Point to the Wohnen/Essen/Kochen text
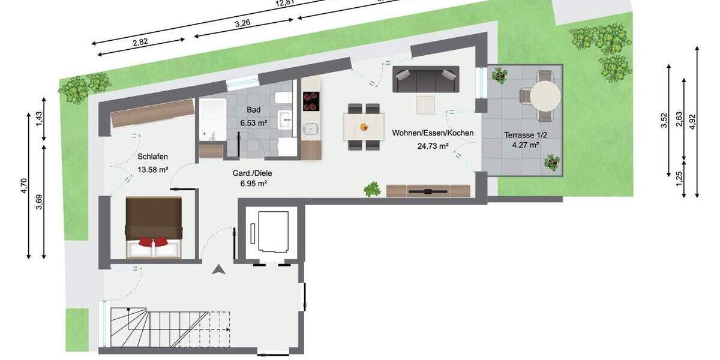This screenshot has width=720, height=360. point(433,133)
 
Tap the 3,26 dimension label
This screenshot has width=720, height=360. point(242,23)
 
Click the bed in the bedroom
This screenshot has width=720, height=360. point(154,227)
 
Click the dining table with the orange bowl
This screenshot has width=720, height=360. point(364,127)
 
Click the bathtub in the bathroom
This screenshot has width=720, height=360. point(211,119)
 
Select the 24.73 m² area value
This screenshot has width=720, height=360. point(433,145)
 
